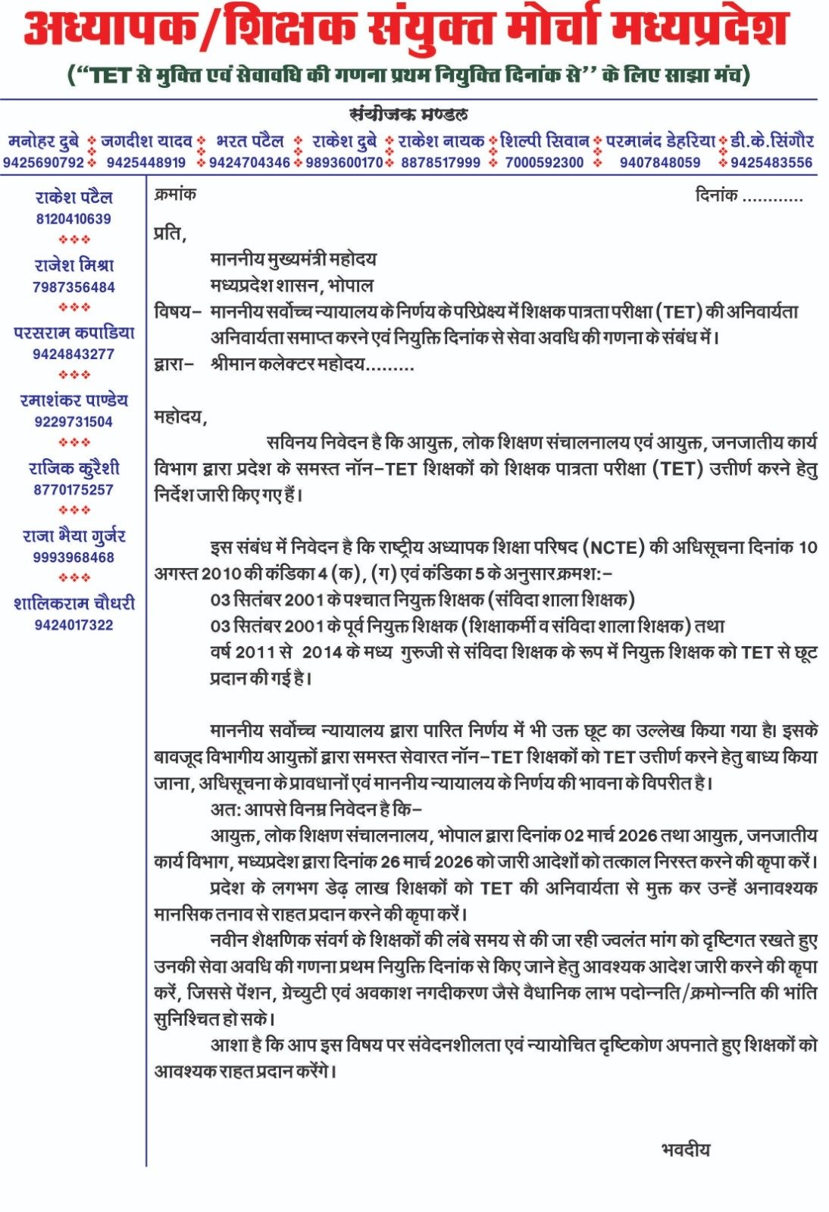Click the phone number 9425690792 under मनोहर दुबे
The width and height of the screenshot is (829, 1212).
click(x=43, y=162)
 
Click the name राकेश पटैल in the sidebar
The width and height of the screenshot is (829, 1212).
click(x=74, y=198)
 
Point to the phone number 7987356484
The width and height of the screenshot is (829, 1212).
click(x=74, y=287)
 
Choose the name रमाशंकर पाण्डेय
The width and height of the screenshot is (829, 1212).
click(x=74, y=401)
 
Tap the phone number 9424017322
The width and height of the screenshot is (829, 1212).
click(x=74, y=625)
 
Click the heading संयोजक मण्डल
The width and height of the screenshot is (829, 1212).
click(x=408, y=115)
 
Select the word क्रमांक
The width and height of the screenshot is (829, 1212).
click(x=175, y=195)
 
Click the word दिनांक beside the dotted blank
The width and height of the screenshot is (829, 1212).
click(x=716, y=196)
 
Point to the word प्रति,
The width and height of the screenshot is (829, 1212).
click(x=170, y=233)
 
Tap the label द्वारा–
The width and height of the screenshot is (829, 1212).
click(x=174, y=364)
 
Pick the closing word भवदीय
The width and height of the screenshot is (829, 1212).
click(x=686, y=1149)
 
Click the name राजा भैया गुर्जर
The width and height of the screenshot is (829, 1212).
click(x=74, y=536)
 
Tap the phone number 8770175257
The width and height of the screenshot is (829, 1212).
click(x=74, y=489)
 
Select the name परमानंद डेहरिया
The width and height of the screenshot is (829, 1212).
click(x=660, y=141)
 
